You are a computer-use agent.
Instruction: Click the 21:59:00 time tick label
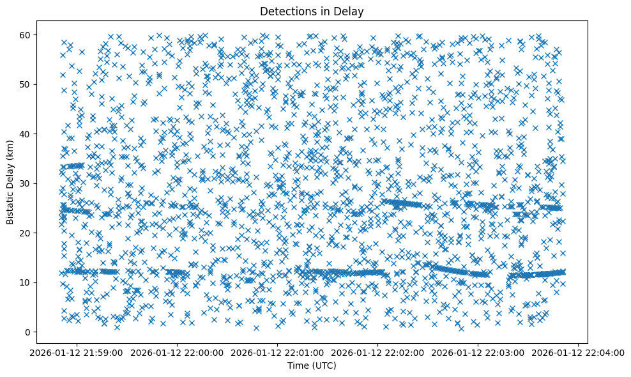click(77, 352)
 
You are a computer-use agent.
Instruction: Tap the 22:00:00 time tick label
click(178, 352)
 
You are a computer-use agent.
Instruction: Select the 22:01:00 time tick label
click(278, 352)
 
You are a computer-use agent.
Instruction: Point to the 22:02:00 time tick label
click(378, 352)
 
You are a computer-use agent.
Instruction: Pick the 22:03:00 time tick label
click(478, 352)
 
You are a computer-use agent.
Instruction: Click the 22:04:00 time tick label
click(578, 352)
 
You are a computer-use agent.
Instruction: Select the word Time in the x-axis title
click(299, 365)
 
